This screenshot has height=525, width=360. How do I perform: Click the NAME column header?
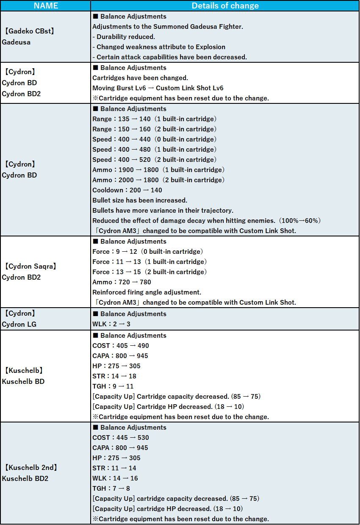45,6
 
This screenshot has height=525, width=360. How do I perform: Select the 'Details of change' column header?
225,6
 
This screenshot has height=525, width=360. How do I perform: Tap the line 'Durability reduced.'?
124,37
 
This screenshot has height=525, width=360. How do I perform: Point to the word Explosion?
210,47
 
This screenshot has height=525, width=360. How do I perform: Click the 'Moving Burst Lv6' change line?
158,88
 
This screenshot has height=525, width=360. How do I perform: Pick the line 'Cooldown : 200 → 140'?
127,190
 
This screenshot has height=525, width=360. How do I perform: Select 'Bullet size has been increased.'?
140,200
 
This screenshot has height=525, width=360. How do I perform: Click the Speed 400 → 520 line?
154,160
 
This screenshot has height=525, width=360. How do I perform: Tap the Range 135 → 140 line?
154,119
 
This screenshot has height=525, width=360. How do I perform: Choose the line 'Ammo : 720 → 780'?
122,282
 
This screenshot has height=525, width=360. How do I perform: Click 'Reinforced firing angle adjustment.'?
147,292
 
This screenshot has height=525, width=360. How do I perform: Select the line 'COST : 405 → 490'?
121,346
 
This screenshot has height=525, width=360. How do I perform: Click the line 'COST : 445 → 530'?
121,438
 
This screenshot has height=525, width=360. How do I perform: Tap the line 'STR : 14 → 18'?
114,376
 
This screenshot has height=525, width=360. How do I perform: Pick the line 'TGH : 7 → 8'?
111,489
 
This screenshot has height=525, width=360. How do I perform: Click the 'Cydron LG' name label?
20,324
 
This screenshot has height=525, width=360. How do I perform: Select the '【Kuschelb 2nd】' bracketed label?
31,468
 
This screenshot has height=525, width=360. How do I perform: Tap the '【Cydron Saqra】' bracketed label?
30,267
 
